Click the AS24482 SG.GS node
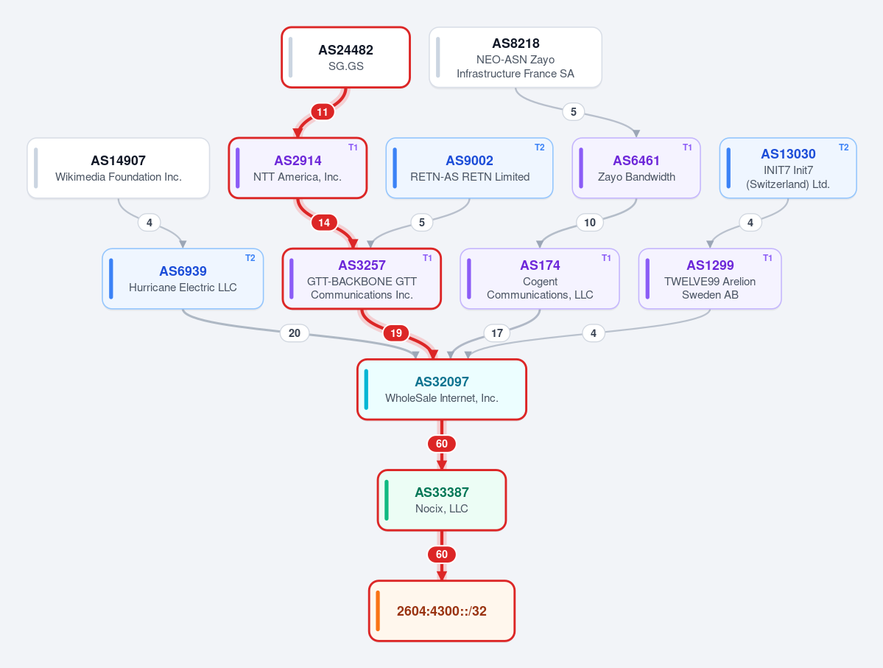point(346,58)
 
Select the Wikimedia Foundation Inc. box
point(119,168)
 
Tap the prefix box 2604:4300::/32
point(442,611)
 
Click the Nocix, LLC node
point(442,500)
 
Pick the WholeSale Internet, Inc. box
point(442,389)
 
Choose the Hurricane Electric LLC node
point(183,279)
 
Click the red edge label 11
point(322,111)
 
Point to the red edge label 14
point(324,222)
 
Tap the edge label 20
point(295,333)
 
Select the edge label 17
point(496,333)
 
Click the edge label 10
point(590,222)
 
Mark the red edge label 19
point(396,333)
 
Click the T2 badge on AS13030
point(843,147)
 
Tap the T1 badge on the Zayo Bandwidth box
point(687,147)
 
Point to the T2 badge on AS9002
point(540,147)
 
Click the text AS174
point(540,265)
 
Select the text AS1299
point(710,265)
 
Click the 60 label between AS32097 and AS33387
point(442,444)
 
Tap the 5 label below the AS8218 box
point(573,111)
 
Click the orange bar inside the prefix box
point(378,611)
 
